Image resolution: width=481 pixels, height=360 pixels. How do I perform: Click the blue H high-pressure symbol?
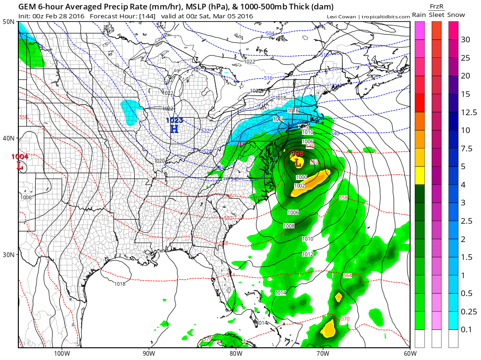pos(174,128)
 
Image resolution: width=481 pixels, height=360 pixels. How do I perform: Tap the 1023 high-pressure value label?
pos(174,120)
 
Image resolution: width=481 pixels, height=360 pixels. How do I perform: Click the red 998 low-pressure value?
pos(297,154)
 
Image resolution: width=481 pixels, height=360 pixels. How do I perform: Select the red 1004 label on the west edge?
pos(20,157)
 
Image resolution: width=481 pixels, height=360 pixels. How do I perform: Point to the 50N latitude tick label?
pos(8,22)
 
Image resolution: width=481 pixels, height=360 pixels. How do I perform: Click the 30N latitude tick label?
pos(8,254)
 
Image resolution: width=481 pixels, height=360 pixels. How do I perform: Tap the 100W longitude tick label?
pos(61,353)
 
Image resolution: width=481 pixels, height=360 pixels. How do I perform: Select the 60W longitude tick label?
pos(410,353)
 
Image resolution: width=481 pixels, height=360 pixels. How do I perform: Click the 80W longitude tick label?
pos(235,353)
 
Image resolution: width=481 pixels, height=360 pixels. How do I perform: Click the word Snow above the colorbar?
pos(456,15)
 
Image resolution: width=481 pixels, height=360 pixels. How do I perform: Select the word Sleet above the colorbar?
pos(437,15)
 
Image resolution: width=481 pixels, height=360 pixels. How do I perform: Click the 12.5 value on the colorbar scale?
pos(469,112)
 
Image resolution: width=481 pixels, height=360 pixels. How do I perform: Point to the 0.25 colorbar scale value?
pos(469,312)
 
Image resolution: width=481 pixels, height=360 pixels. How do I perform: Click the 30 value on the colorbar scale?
pos(465,39)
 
